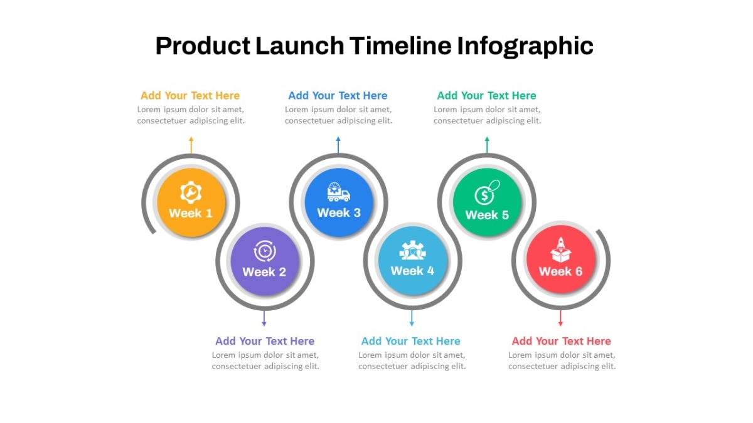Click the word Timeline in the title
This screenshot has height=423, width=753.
coord(400,46)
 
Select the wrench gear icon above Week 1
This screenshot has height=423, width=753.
coord(191,192)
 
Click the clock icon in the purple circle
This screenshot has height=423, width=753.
coord(265,251)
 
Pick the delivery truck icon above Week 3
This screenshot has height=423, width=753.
coord(338,192)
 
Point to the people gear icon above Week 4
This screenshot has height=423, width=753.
coord(412,250)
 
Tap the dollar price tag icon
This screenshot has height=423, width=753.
coord(487,192)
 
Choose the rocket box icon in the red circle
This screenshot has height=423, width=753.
coord(561,249)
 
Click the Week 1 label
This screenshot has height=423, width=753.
coord(191,213)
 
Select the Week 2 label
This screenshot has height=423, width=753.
coord(264,272)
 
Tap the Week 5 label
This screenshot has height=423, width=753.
coord(487,215)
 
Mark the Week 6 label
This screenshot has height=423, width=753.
coord(561,271)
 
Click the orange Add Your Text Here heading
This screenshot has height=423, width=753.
coord(190,96)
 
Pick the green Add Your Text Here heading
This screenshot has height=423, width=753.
coord(487,96)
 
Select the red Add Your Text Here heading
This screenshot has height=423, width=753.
coord(562,341)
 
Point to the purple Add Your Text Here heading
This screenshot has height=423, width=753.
coord(265,341)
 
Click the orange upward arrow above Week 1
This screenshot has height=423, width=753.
coord(191,145)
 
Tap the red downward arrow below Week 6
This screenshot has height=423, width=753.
coord(560,318)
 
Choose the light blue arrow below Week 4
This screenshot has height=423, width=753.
coord(412,318)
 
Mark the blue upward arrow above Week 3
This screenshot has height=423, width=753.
coord(338,145)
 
